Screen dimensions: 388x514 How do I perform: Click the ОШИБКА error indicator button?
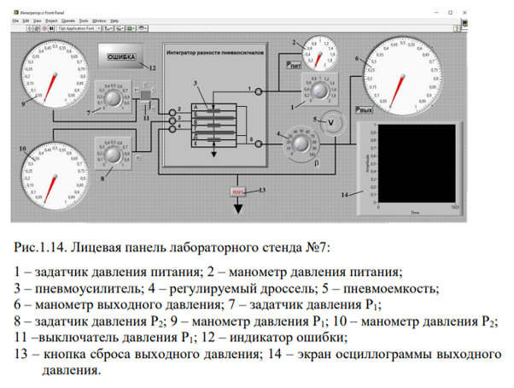pos(123,57)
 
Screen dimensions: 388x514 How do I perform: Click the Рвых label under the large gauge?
pos(365,110)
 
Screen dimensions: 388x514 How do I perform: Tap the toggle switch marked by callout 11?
pos(146,93)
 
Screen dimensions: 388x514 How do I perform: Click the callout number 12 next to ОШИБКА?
pos(153,67)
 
